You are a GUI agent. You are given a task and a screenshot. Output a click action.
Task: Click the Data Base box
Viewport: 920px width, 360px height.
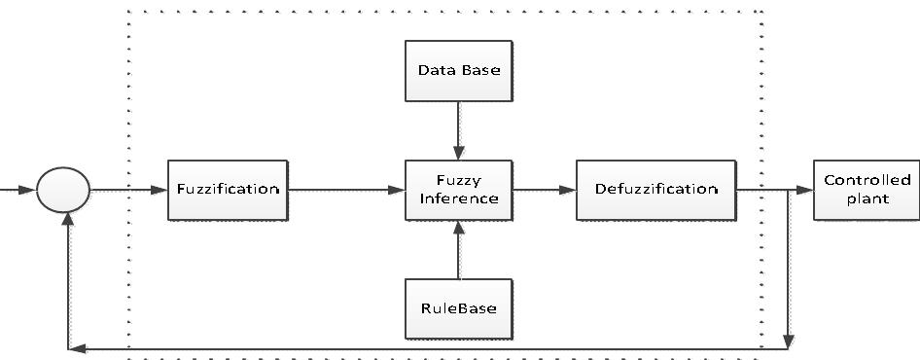pos(458,70)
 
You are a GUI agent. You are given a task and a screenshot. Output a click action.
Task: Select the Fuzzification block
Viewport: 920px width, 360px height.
pos(228,189)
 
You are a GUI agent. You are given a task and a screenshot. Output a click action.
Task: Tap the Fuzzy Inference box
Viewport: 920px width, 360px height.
pos(458,189)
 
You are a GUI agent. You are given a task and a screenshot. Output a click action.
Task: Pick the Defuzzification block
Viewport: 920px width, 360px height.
pos(655,189)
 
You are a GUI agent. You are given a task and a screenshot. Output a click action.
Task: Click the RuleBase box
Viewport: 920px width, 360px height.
pos(458,308)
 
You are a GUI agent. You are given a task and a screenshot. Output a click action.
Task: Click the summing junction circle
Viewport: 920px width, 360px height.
pos(63,189)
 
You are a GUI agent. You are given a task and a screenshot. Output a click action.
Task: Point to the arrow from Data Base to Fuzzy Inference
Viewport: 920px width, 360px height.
pos(458,130)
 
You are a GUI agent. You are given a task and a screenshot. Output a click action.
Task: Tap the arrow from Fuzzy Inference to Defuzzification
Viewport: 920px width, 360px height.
pos(545,189)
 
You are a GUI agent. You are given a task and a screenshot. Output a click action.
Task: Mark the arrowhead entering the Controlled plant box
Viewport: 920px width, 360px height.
pos(805,189)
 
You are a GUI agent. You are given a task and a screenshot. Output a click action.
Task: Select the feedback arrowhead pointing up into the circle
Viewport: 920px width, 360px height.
pos(67,221)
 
